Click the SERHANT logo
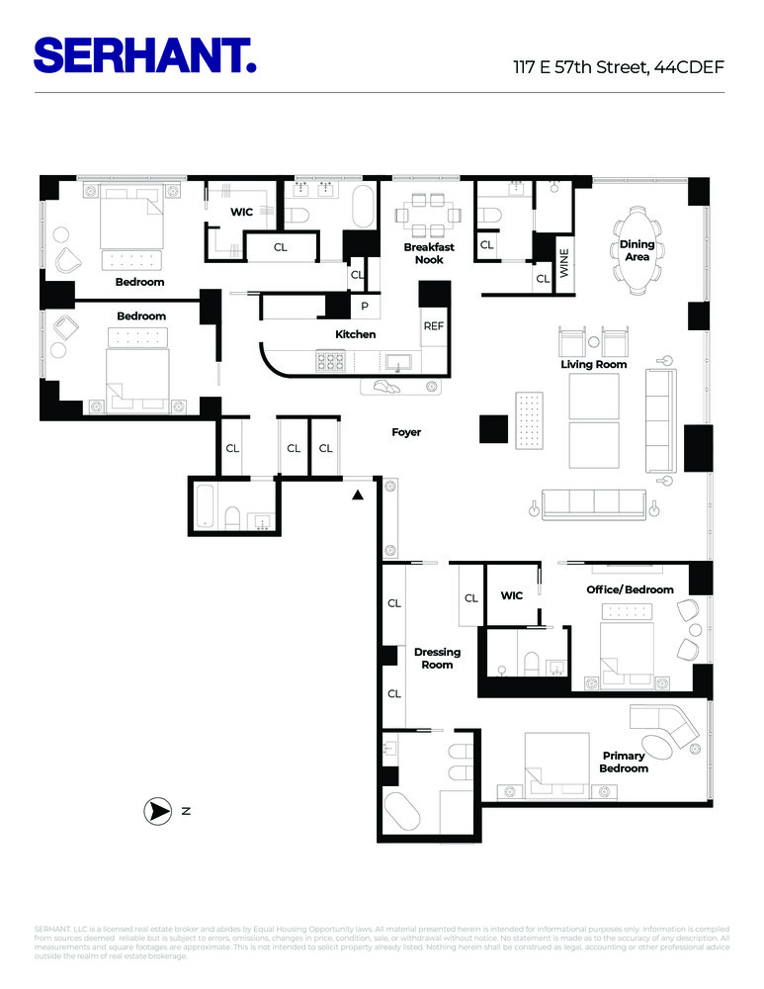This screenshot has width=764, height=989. coord(145,54)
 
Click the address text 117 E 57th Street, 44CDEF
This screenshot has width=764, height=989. coord(618,68)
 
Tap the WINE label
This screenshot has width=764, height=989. coord(565,264)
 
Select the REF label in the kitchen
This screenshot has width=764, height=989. coord(434,325)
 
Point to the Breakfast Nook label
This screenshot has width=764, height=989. coord(429,254)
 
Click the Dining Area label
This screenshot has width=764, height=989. coord(637,250)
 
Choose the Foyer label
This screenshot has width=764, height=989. coord(405,432)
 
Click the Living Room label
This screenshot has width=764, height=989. coord(594,365)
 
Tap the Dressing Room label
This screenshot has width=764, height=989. coord(437,659)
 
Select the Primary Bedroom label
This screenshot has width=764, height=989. coord(625,763)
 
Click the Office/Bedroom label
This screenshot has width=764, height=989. coord(630,590)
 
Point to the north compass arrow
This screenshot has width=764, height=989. coord(157,812)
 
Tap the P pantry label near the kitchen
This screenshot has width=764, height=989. coord(364,307)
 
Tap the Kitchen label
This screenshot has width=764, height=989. coord(355,334)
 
